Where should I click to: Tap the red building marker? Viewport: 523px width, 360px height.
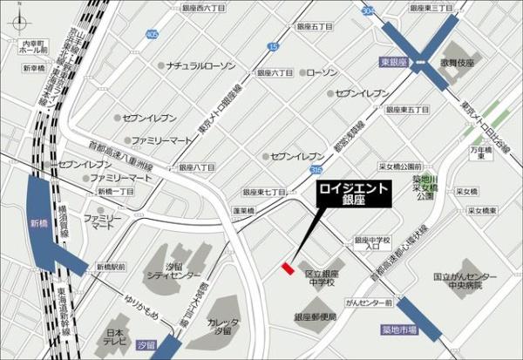click(x=287, y=269)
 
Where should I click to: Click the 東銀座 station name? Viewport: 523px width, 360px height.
click(x=395, y=64)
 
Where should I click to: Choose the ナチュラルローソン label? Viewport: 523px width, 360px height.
click(x=201, y=65)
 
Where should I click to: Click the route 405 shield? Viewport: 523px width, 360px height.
click(x=153, y=35)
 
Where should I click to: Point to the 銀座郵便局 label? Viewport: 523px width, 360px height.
click(x=316, y=317)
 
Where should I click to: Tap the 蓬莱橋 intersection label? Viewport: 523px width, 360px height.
click(x=243, y=212)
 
